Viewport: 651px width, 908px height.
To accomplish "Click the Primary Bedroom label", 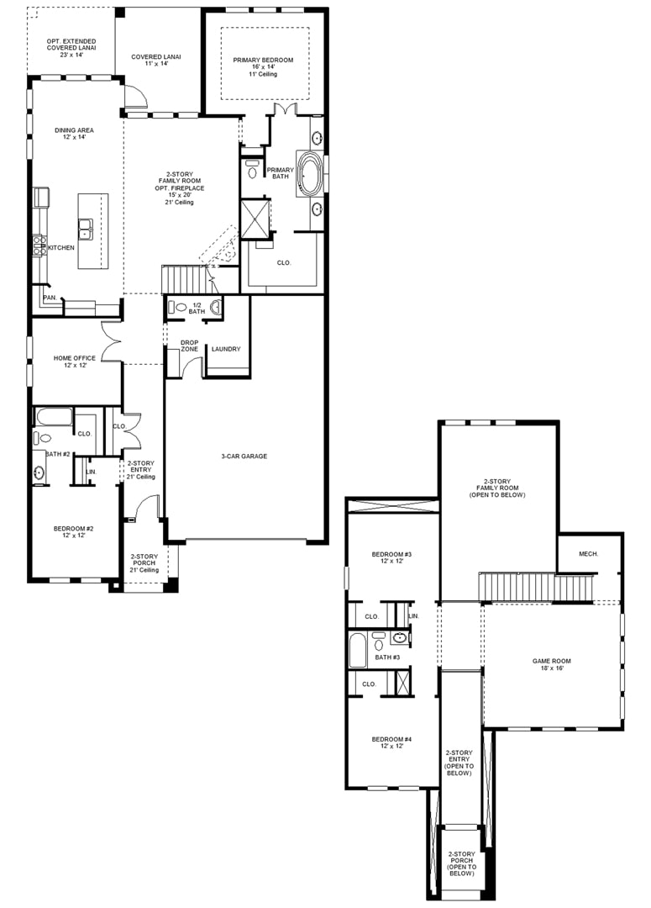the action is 263,61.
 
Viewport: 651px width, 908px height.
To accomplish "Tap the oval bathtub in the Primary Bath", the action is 310,173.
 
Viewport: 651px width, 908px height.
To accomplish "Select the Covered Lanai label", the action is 156,57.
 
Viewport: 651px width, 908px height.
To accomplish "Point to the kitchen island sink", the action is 87,229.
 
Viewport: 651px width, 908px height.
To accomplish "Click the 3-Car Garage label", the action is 244,457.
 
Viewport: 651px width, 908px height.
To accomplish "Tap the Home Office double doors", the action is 112,341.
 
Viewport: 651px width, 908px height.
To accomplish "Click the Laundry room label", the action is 226,349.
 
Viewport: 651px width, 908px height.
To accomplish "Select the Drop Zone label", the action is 189,346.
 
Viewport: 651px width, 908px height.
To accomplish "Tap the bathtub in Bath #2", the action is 54,417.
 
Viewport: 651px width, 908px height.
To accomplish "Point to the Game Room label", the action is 552,661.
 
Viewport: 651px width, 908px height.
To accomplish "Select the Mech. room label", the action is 589,554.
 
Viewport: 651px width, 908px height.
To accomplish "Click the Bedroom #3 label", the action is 391,554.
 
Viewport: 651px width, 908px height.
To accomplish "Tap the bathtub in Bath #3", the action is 358,650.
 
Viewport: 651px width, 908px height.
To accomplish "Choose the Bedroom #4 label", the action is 391,740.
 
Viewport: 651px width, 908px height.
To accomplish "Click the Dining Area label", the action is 74,130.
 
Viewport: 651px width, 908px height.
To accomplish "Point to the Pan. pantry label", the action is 50,298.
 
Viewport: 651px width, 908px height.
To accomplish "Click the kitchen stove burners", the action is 39,245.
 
